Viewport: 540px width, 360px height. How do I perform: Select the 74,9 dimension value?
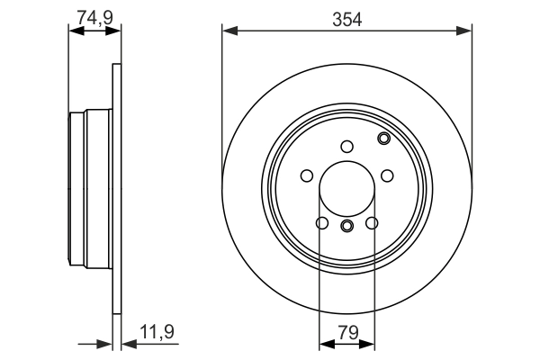point(94,16)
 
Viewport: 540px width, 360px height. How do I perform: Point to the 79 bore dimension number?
point(347,332)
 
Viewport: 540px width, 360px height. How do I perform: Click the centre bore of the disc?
point(347,188)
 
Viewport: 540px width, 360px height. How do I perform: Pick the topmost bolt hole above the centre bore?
point(347,147)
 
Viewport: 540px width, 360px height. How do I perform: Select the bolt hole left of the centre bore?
point(306,176)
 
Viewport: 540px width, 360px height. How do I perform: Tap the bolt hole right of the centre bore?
point(388,176)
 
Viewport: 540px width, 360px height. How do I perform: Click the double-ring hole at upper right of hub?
point(384,138)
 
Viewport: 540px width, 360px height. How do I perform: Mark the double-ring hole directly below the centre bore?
point(347,225)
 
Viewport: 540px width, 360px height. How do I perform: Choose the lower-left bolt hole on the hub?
point(321,224)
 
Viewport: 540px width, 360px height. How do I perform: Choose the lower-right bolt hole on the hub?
point(373,224)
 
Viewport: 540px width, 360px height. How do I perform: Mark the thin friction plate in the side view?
point(115,189)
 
